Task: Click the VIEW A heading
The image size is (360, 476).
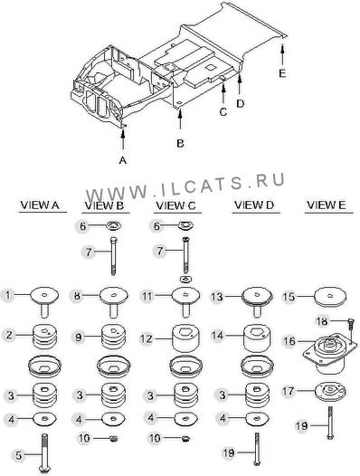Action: [39, 205]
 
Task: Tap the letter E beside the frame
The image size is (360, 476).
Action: [282, 73]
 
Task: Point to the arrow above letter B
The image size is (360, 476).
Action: [180, 119]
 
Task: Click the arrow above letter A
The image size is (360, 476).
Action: [123, 139]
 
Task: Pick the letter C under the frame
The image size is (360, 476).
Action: [223, 111]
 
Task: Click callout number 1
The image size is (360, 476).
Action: [8, 295]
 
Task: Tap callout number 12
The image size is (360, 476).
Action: [146, 338]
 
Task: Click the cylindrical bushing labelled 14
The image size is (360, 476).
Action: [258, 338]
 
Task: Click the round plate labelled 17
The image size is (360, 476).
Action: [330, 391]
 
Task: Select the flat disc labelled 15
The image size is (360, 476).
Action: [330, 297]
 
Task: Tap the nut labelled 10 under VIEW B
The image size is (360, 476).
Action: [114, 438]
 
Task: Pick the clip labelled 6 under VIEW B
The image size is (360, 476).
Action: [114, 226]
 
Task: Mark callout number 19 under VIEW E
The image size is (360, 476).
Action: [302, 426]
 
